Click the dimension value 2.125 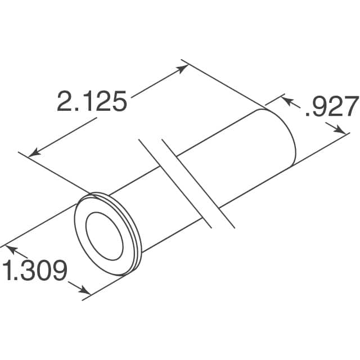tap(91, 101)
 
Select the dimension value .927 tap(331, 107)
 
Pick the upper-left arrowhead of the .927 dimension tap(285, 100)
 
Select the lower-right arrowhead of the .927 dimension tap(341, 130)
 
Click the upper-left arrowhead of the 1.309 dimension tap(10, 248)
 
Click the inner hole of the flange tap(105, 232)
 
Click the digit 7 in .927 tap(349, 107)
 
